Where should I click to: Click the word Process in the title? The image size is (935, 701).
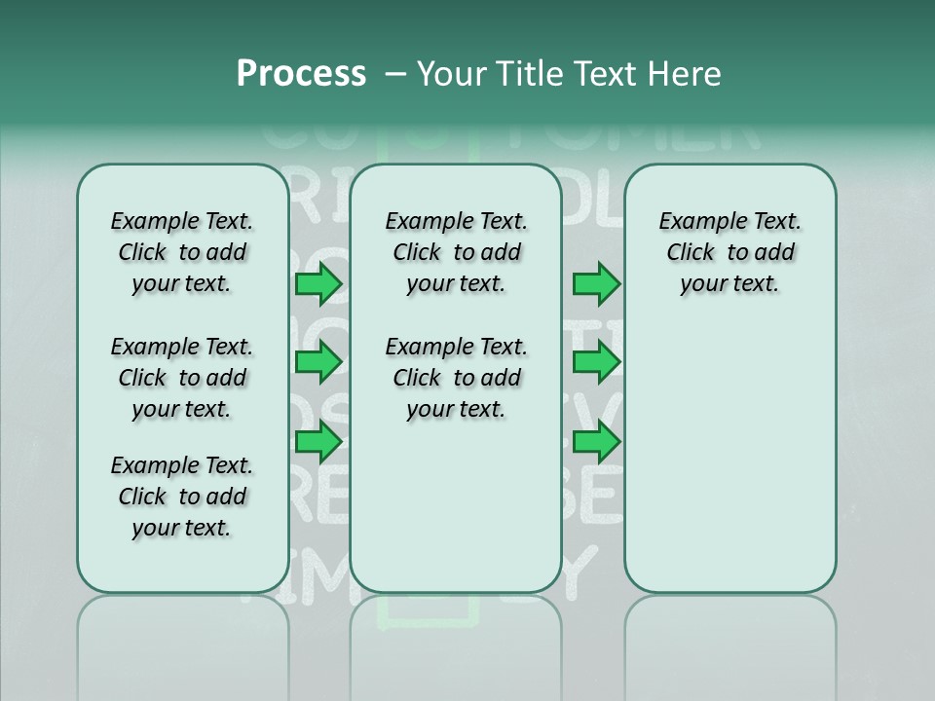click(301, 74)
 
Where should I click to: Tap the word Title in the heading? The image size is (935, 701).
click(529, 74)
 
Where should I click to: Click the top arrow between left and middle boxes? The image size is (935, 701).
click(318, 284)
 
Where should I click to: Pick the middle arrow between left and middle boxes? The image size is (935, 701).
click(318, 362)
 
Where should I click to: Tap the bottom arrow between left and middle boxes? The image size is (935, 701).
click(318, 443)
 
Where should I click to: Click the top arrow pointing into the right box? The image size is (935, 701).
click(596, 284)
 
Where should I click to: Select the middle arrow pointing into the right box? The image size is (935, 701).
click(596, 362)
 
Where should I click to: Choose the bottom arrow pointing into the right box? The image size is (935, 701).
click(596, 443)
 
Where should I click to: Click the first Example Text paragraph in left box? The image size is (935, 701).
click(182, 252)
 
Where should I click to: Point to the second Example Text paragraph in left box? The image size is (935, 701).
click(182, 378)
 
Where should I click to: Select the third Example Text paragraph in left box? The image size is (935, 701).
click(182, 497)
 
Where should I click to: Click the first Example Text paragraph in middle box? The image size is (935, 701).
click(456, 252)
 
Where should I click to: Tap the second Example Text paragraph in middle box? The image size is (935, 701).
click(456, 378)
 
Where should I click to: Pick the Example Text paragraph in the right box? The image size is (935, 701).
click(729, 252)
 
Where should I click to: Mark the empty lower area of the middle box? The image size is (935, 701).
click(456, 506)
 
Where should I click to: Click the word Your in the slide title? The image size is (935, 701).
click(452, 74)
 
